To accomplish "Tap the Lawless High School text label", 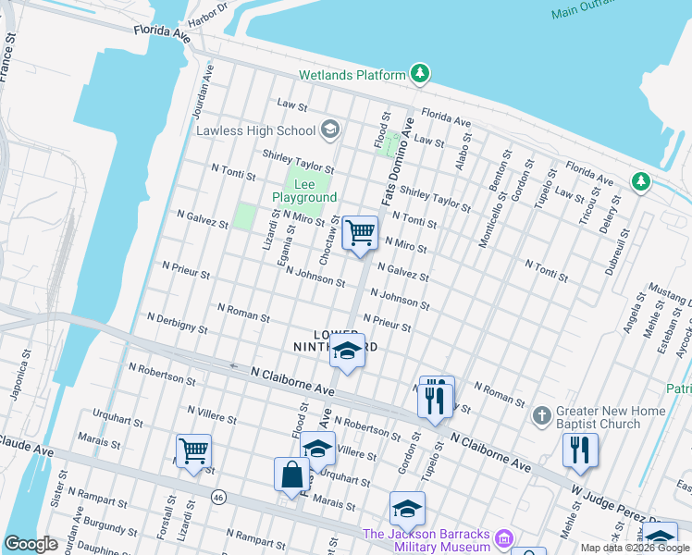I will (x=255, y=130).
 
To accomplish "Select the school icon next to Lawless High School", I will (x=329, y=130).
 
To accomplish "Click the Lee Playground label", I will (x=304, y=191).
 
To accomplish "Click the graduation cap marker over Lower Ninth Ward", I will (x=347, y=351).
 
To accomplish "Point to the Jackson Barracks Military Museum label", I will (x=426, y=540).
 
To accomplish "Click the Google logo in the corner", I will (x=31, y=544).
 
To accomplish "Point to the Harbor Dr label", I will (x=207, y=13).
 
